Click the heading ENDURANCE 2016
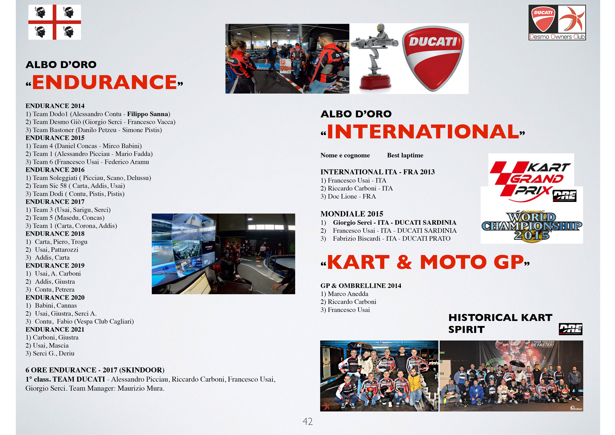point(55,170)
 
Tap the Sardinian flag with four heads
point(55,22)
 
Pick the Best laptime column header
point(405,155)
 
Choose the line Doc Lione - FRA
point(348,197)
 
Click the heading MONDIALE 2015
point(352,214)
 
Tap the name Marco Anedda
point(348,294)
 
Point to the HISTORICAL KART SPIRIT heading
point(500,323)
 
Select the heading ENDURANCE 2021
point(55,329)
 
